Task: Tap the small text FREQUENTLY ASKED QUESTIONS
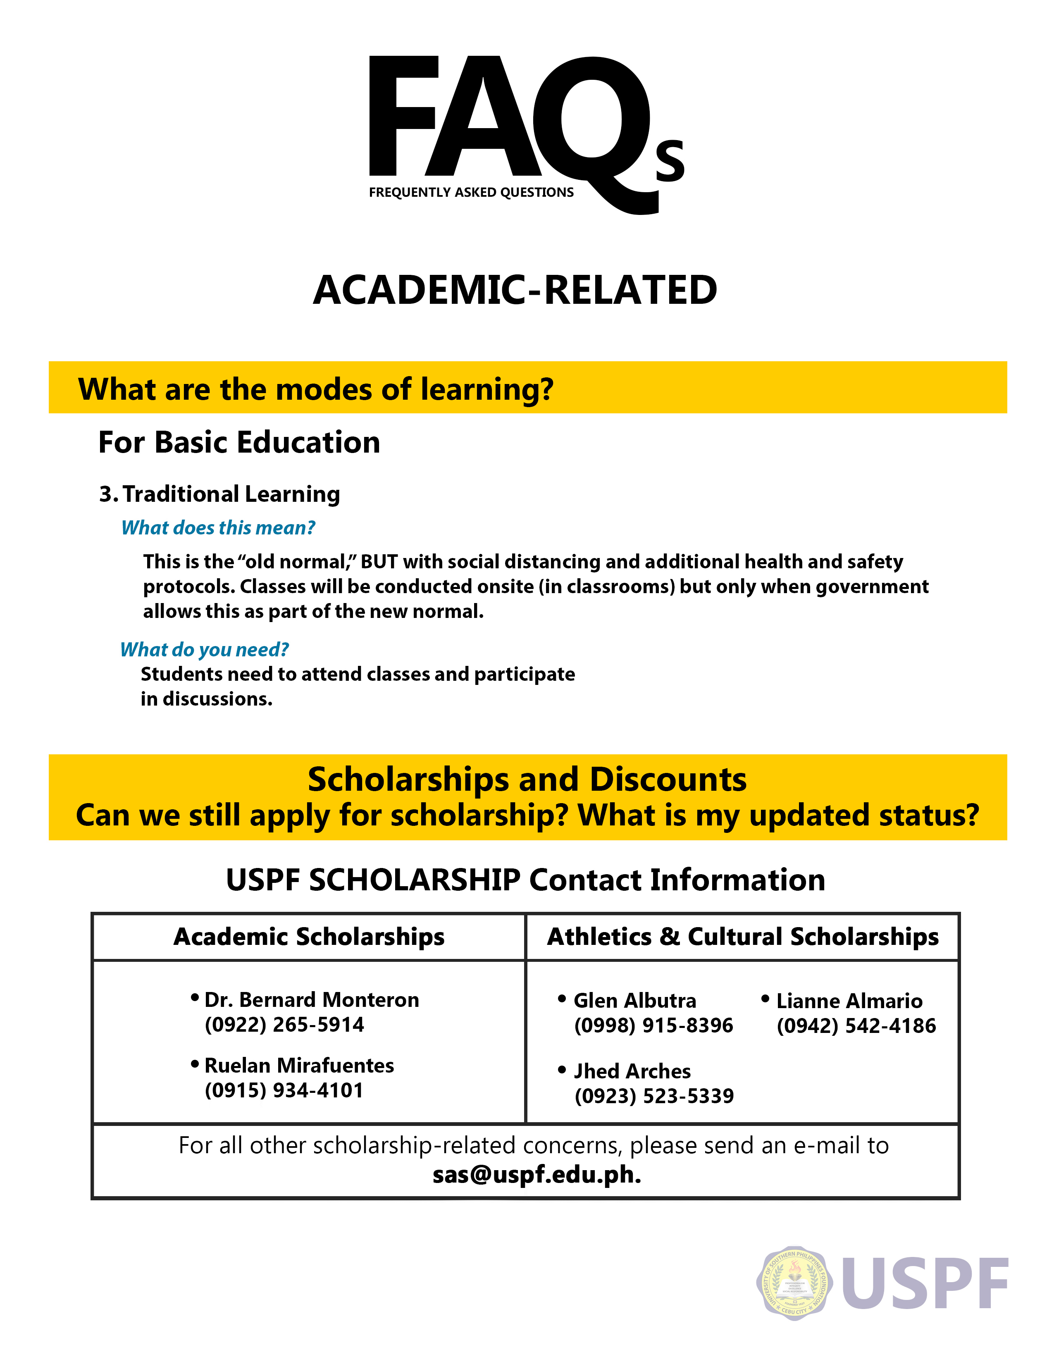pos(471,192)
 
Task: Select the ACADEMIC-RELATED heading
pos(515,291)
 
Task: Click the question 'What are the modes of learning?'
pos(315,389)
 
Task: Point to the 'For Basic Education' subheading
pos(239,442)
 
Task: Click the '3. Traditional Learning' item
pos(220,494)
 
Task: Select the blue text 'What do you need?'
pos(204,649)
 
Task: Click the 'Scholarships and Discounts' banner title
pos(527,780)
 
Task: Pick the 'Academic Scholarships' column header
pos(309,937)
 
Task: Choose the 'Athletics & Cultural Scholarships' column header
pos(742,937)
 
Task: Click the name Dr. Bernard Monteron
pos(312,1000)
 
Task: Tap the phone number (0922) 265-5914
pos(284,1025)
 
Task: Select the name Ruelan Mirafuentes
pos(299,1066)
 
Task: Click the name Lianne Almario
pos(849,1001)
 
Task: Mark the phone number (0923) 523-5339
pos(654,1096)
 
